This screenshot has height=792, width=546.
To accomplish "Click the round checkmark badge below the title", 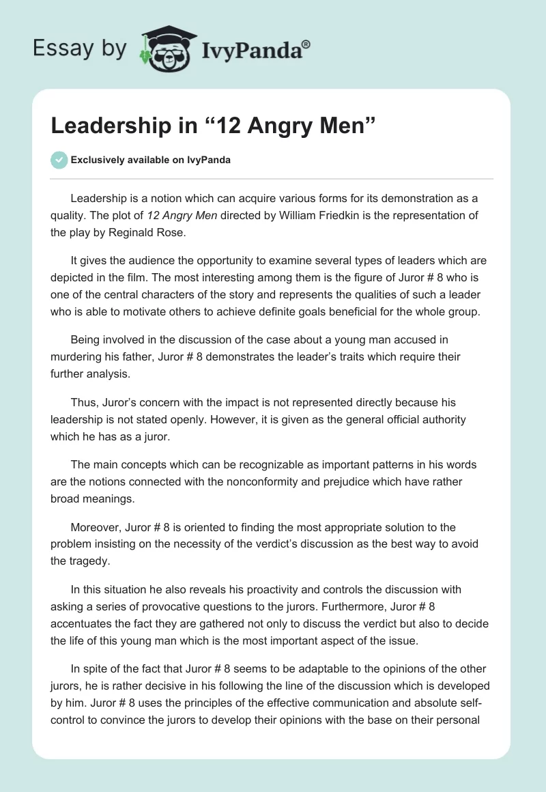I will click(59, 160).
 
